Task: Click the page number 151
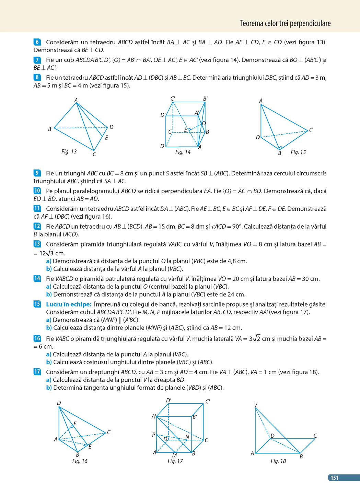coord(335,478)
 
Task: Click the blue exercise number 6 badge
coord(37,42)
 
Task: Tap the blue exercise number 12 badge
coord(37,226)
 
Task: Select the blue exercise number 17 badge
coord(37,372)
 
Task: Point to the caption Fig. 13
coord(69,151)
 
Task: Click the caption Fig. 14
coord(183,152)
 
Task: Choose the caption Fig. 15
coord(298,152)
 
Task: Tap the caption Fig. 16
coord(80,461)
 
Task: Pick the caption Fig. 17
coord(175,461)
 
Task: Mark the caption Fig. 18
coord(278,461)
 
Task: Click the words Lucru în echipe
coord(69,304)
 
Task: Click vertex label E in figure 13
coord(106,138)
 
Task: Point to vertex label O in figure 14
coord(204,123)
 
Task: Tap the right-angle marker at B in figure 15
coord(280,148)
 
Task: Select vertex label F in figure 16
coord(75,424)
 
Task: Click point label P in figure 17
coord(154,435)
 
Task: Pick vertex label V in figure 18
coord(256,405)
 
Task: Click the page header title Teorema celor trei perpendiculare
coord(285,23)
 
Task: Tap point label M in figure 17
coord(174,456)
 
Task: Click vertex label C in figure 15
coord(311,130)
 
